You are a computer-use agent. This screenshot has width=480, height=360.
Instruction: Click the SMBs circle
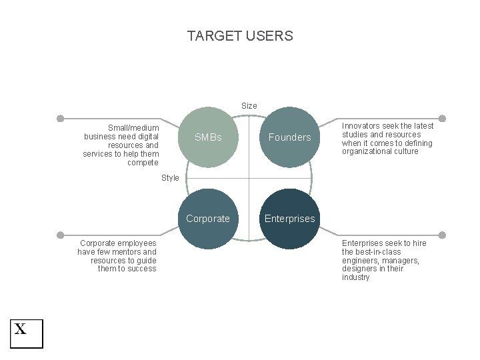[208, 137]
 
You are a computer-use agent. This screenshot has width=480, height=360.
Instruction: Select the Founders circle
[289, 137]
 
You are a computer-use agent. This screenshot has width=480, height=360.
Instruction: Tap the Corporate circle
[208, 219]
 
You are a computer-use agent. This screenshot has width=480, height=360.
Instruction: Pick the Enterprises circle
[289, 219]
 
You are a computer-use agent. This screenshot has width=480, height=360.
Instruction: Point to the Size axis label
[249, 105]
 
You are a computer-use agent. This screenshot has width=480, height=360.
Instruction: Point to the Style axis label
[170, 178]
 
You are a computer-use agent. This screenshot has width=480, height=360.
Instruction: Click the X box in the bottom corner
[26, 333]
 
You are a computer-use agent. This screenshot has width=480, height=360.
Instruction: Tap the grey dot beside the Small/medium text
[60, 119]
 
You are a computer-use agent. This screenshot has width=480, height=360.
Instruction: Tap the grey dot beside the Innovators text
[442, 119]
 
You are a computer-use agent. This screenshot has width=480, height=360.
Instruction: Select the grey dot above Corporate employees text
[60, 235]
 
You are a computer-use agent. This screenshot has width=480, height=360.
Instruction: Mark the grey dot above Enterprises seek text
[442, 235]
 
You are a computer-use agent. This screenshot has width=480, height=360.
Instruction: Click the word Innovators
[361, 126]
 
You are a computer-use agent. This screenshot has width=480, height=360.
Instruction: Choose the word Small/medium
[133, 128]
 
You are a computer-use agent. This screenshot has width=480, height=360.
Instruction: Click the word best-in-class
[380, 252]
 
